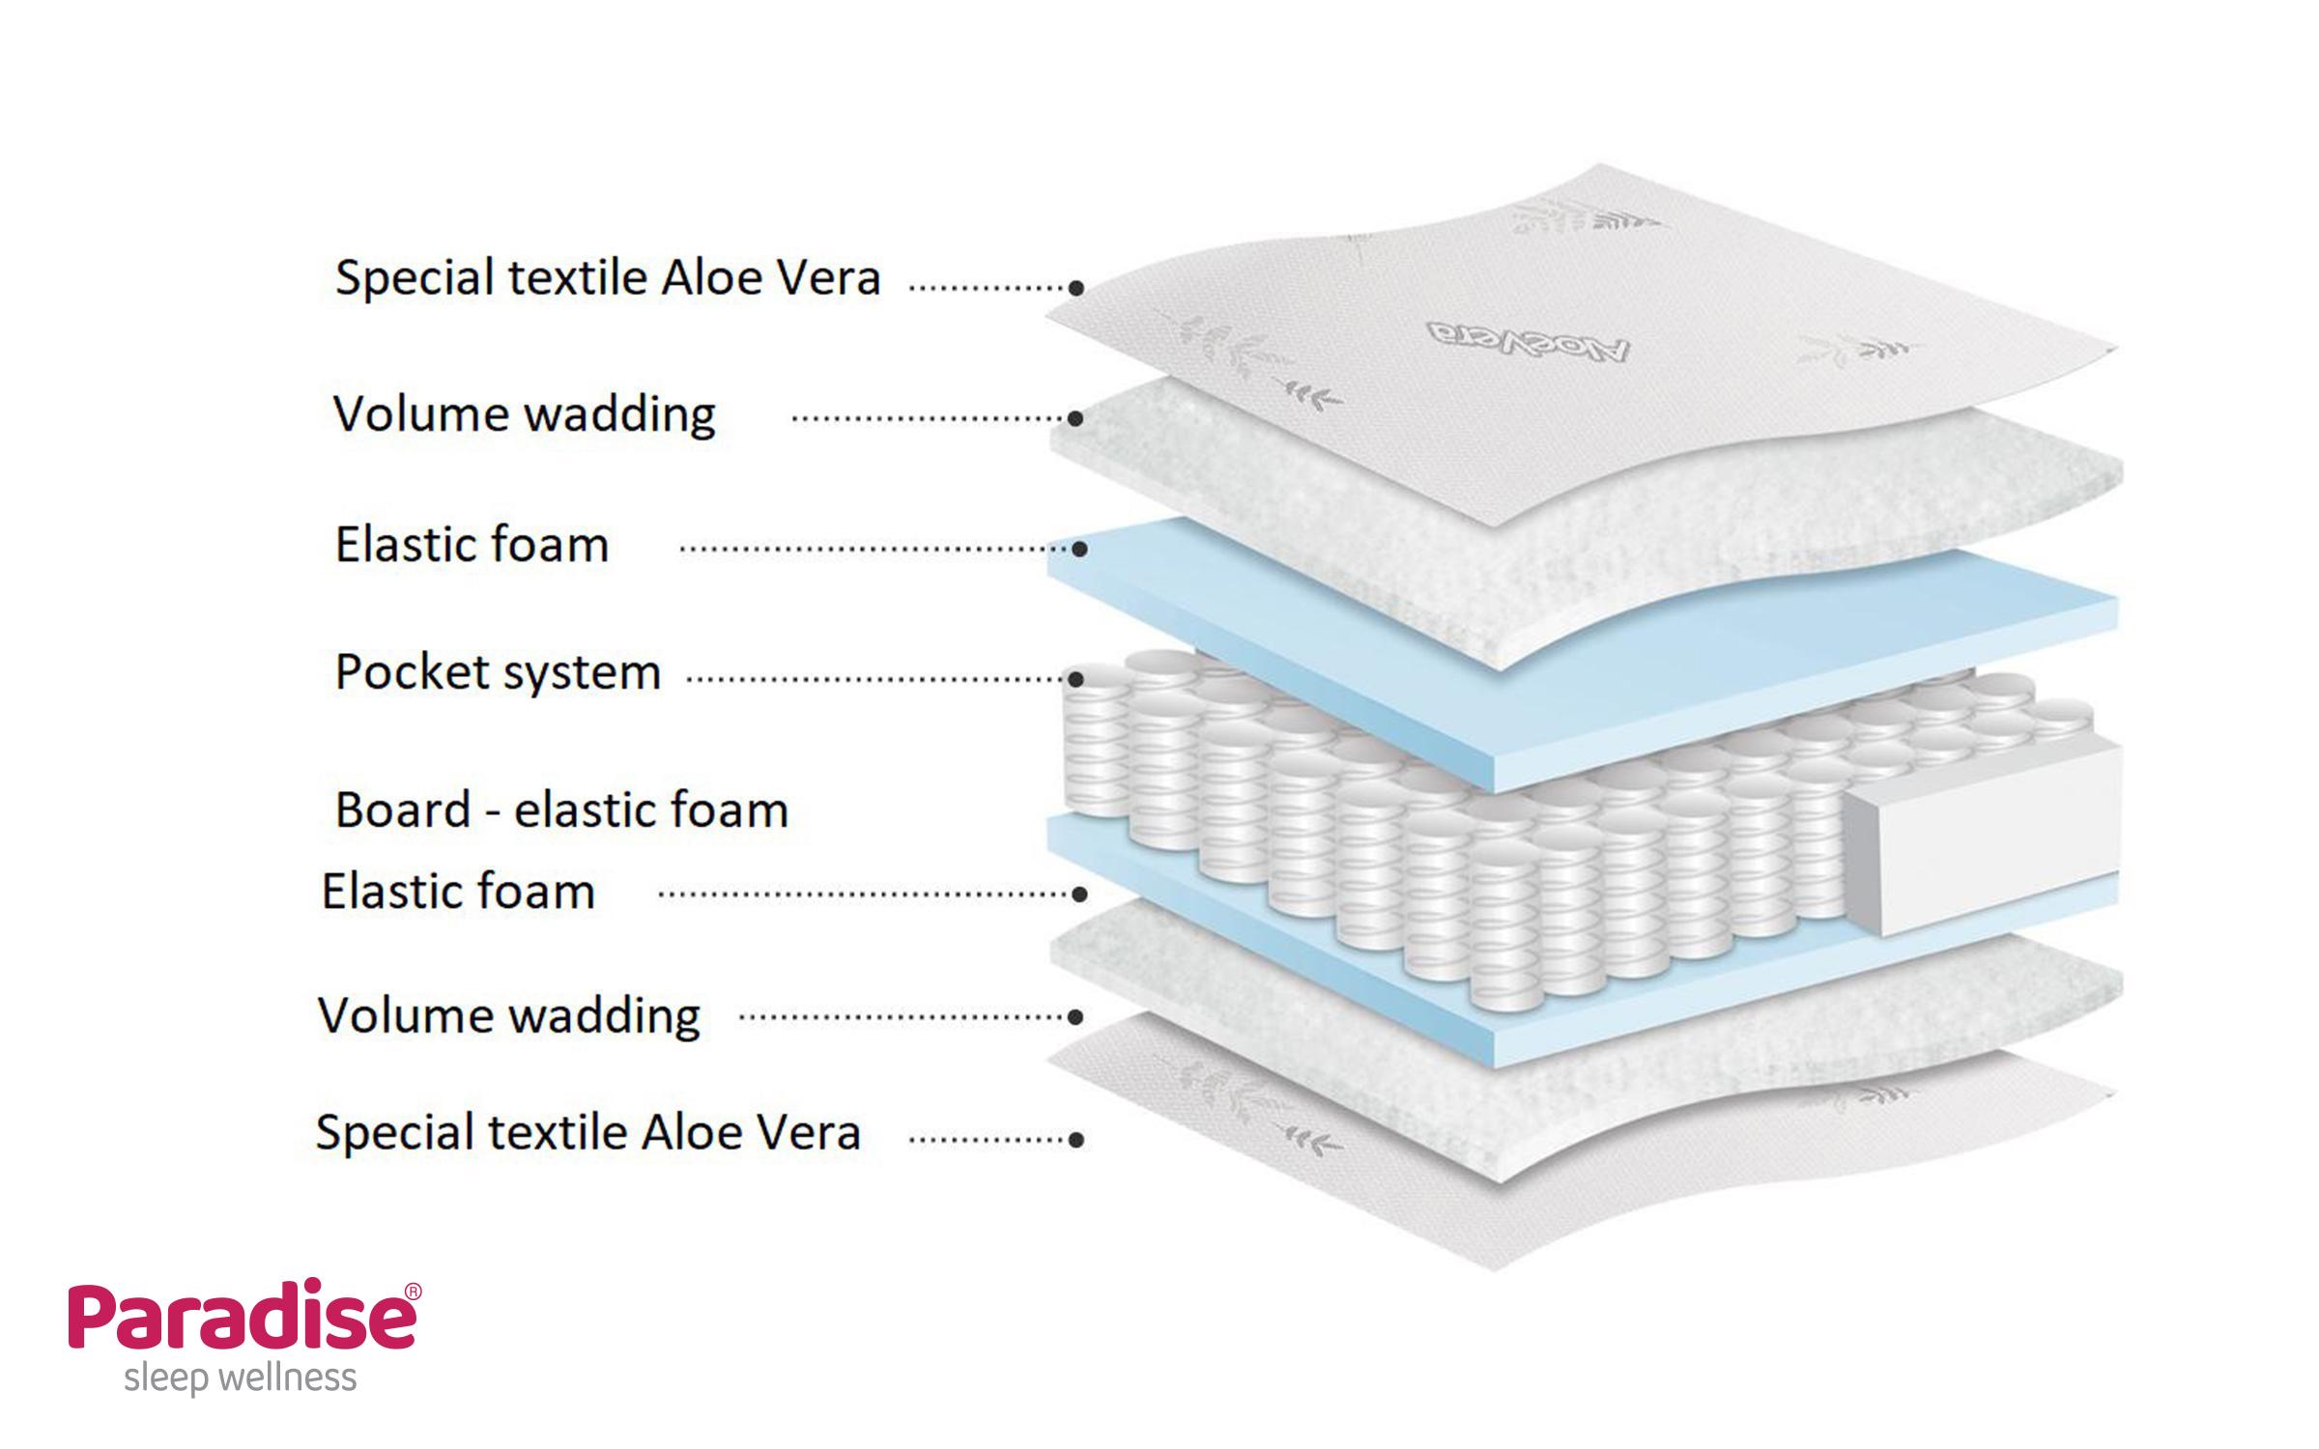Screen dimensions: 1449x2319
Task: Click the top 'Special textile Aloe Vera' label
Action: coord(608,278)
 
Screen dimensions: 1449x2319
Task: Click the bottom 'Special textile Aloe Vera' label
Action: coord(587,1132)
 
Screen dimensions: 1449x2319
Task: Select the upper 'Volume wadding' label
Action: coord(525,414)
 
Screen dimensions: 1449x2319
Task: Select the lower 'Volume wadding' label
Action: coord(509,1015)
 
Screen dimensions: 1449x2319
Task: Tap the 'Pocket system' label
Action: coord(498,672)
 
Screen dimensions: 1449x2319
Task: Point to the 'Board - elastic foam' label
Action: coord(561,810)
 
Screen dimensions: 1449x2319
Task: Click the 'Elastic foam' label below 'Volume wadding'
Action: coord(472,545)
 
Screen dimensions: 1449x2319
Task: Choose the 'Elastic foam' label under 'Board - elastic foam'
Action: coord(458,891)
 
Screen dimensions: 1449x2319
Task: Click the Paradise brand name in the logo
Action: coord(241,1317)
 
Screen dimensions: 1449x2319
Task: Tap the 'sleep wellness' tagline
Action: coord(241,1378)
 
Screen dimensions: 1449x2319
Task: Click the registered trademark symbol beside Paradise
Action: coord(413,1292)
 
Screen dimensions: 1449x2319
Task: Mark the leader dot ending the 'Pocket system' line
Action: coord(1077,679)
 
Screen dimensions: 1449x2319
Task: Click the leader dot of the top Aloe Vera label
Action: coord(1076,287)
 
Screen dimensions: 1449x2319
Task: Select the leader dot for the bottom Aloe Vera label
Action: coord(1076,1140)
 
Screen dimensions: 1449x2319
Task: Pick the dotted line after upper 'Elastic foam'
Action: coord(870,549)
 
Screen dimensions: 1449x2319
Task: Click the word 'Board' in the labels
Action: coord(402,810)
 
